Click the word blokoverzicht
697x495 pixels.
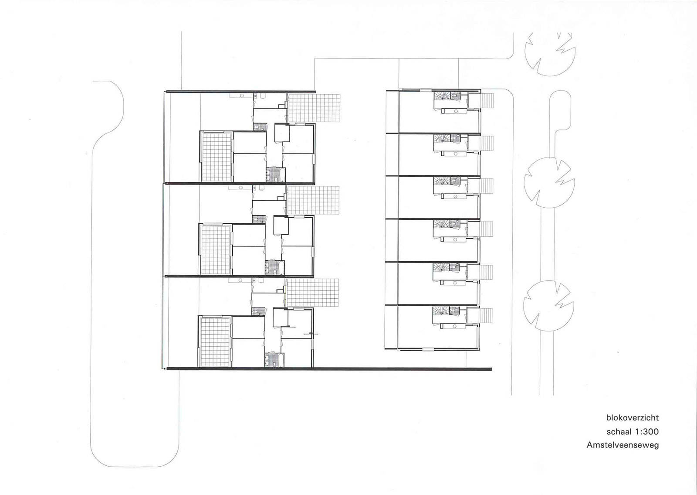click(x=632, y=418)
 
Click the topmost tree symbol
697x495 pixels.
click(x=550, y=54)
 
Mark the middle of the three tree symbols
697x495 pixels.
click(x=549, y=183)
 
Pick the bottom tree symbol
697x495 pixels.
click(x=548, y=306)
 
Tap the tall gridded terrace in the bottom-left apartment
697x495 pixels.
click(x=215, y=342)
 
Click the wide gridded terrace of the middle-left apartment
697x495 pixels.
click(x=313, y=200)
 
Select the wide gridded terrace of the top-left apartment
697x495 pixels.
click(x=314, y=108)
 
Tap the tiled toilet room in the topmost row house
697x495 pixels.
click(x=455, y=96)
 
